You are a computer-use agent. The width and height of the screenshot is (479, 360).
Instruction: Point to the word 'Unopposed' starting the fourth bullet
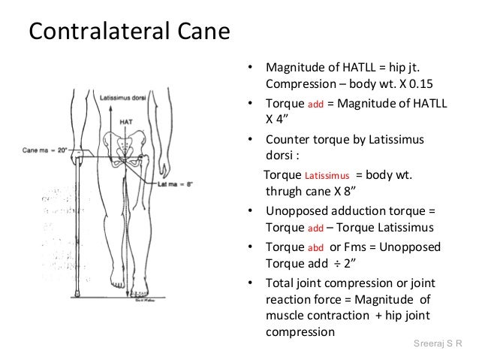pos(295,212)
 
